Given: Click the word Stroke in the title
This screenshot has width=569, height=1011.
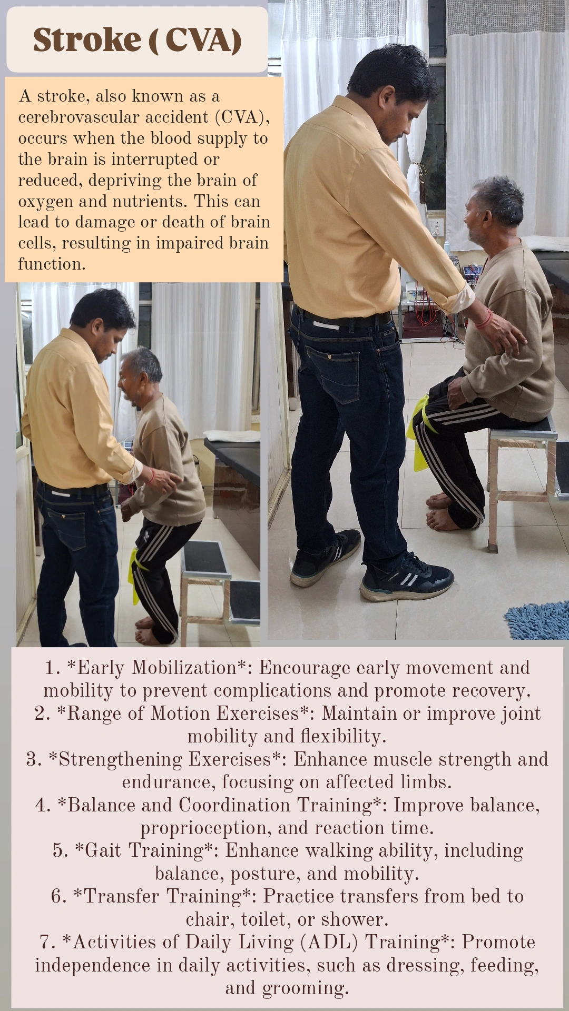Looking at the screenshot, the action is pos(87,40).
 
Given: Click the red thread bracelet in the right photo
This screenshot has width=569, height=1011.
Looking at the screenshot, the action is pos(485,319).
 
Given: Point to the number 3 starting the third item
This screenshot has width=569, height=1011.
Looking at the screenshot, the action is pos(32,759).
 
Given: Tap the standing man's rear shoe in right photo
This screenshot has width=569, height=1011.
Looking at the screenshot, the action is pos(325,560).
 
